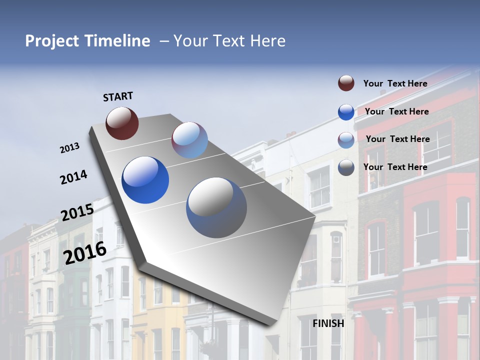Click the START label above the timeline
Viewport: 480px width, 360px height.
click(118, 96)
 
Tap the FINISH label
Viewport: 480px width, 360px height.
click(328, 323)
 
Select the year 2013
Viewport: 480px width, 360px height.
click(70, 148)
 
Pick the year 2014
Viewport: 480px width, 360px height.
click(73, 177)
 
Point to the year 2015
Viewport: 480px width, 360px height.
click(77, 212)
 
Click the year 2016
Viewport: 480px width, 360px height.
click(85, 252)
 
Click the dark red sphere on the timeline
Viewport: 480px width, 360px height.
click(122, 123)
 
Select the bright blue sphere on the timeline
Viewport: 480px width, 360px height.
click(145, 180)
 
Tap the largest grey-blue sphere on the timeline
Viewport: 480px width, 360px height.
click(216, 207)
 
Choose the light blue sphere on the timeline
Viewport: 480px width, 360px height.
click(189, 140)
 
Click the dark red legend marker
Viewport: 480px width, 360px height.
click(346, 83)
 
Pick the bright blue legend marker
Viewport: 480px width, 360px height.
click(346, 112)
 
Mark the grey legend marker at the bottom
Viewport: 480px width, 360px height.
click(346, 167)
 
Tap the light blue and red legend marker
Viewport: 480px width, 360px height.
click(346, 140)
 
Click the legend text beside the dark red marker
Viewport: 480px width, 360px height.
click(395, 83)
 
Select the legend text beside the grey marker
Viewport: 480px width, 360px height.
click(395, 167)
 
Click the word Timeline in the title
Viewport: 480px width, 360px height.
click(118, 41)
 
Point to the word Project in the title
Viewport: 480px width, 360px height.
click(51, 41)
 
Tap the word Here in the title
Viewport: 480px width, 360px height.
click(267, 41)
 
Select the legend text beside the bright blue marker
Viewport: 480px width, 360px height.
click(396, 111)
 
